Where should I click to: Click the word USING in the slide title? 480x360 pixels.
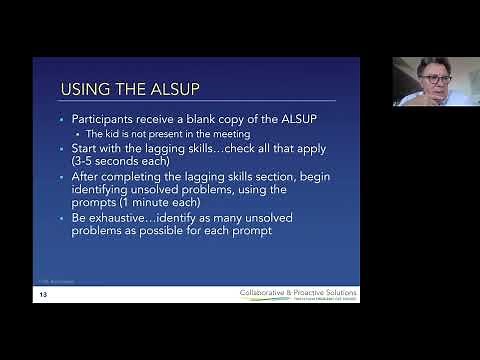[x=86, y=88]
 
